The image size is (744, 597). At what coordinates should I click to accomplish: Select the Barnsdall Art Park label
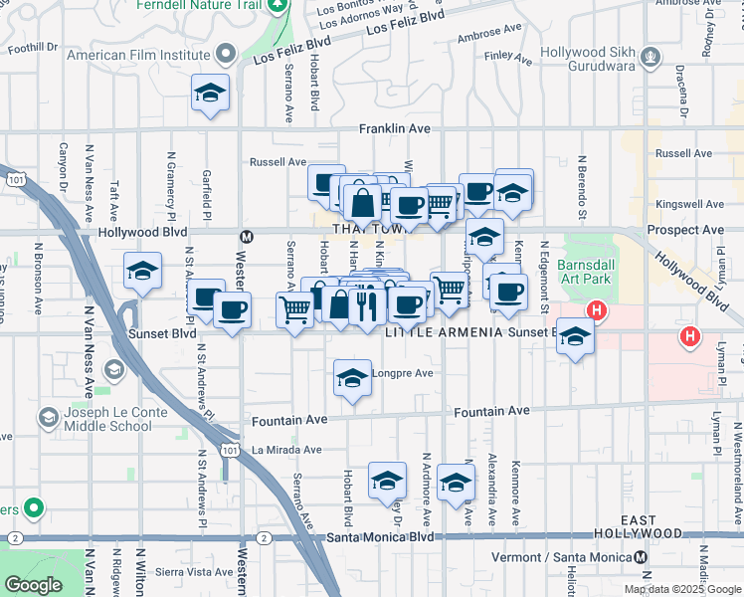pos(588,274)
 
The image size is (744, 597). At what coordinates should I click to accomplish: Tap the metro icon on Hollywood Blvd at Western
pos(246,237)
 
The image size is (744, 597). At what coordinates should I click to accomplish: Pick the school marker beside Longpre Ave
pos(351,378)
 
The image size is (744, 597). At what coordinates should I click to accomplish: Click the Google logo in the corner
pos(33,585)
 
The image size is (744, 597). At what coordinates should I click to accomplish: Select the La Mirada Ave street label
pos(286,450)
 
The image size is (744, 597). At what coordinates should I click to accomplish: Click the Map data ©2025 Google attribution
pos(682,589)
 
